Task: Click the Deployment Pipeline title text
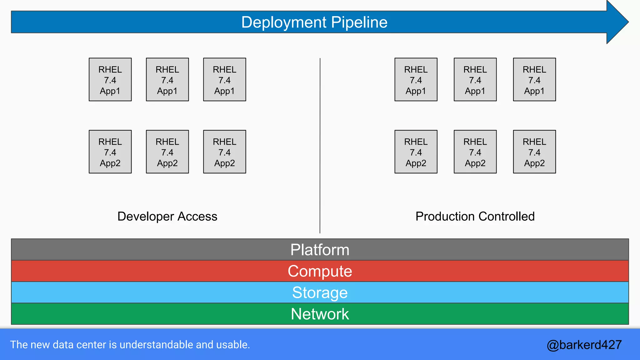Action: click(314, 22)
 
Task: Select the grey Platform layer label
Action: click(320, 250)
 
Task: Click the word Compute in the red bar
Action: click(320, 271)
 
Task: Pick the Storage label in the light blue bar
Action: click(320, 292)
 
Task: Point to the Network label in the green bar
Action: click(320, 314)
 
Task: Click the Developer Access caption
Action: click(167, 216)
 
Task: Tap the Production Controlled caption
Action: click(475, 216)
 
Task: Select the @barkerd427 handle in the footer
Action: click(584, 345)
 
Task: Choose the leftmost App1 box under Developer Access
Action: click(110, 80)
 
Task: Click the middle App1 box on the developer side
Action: click(167, 80)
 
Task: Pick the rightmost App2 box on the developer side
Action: click(224, 152)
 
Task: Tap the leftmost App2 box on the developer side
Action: click(110, 152)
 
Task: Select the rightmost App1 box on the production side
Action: click(534, 80)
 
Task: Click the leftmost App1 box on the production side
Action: click(416, 80)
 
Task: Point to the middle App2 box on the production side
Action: click(475, 152)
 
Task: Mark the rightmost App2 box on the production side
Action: click(534, 152)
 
